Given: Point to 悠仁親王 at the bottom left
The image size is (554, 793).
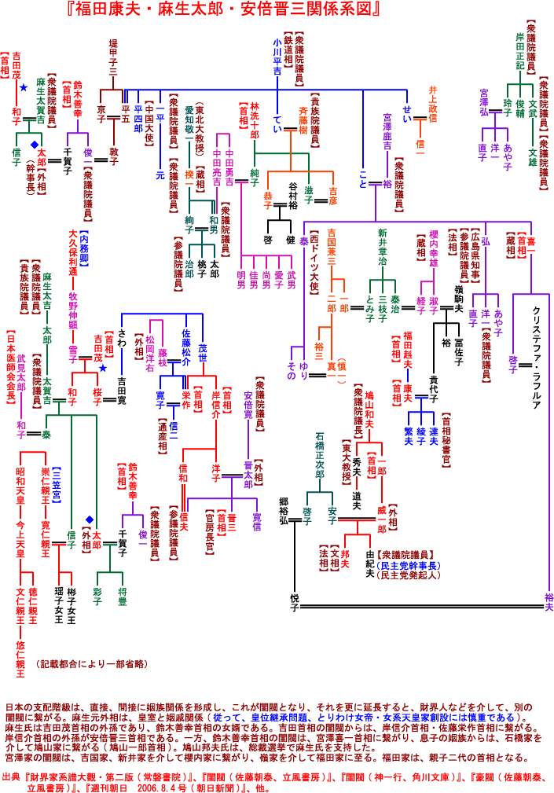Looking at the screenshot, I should point(20,655).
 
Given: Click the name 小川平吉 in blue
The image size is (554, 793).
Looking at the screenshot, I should point(277,56).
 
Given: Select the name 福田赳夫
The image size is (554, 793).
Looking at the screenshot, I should point(408,350).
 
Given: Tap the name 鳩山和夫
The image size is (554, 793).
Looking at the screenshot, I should point(369,413).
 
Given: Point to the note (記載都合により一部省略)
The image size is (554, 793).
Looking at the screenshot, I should point(90,665).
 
